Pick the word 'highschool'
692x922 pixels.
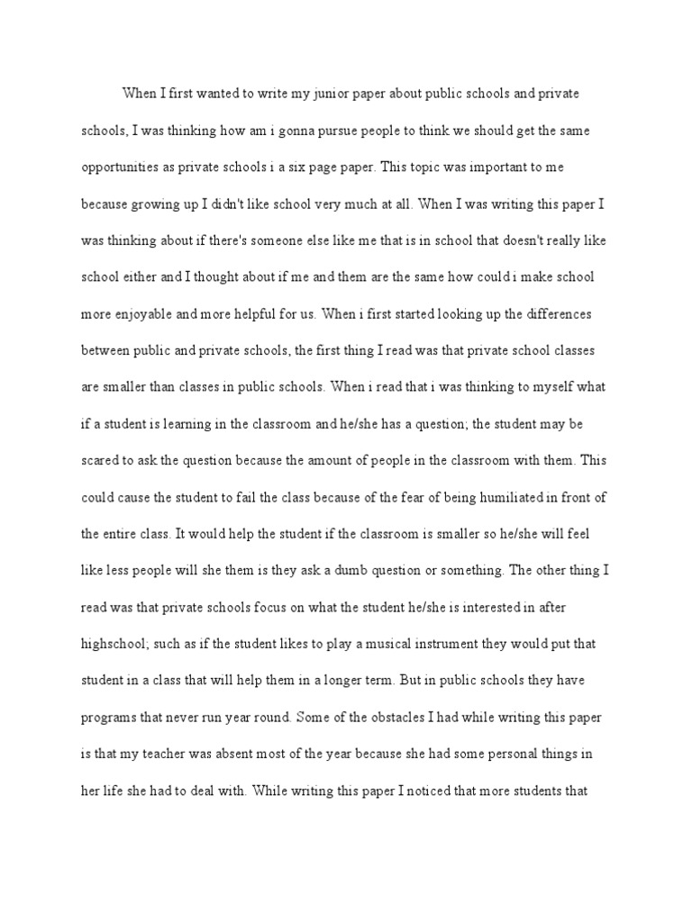click(119, 645)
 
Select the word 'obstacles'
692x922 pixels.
click(348, 719)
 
